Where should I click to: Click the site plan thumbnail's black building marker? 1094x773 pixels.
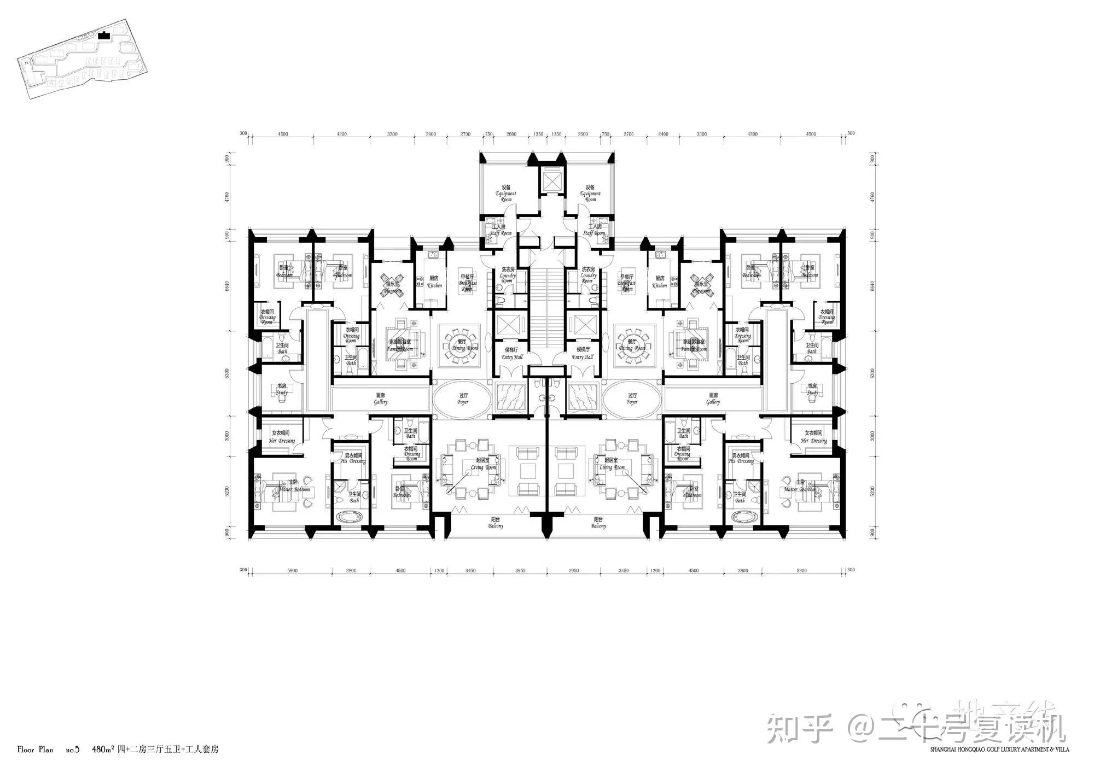104,36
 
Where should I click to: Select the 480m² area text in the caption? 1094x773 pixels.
103,749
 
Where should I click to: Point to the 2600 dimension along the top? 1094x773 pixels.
511,134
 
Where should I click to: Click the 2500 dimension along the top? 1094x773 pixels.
583,134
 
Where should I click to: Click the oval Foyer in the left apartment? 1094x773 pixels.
462,399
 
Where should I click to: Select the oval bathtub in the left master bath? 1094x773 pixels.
351,516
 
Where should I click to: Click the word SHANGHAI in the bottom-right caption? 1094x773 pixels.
944,749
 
